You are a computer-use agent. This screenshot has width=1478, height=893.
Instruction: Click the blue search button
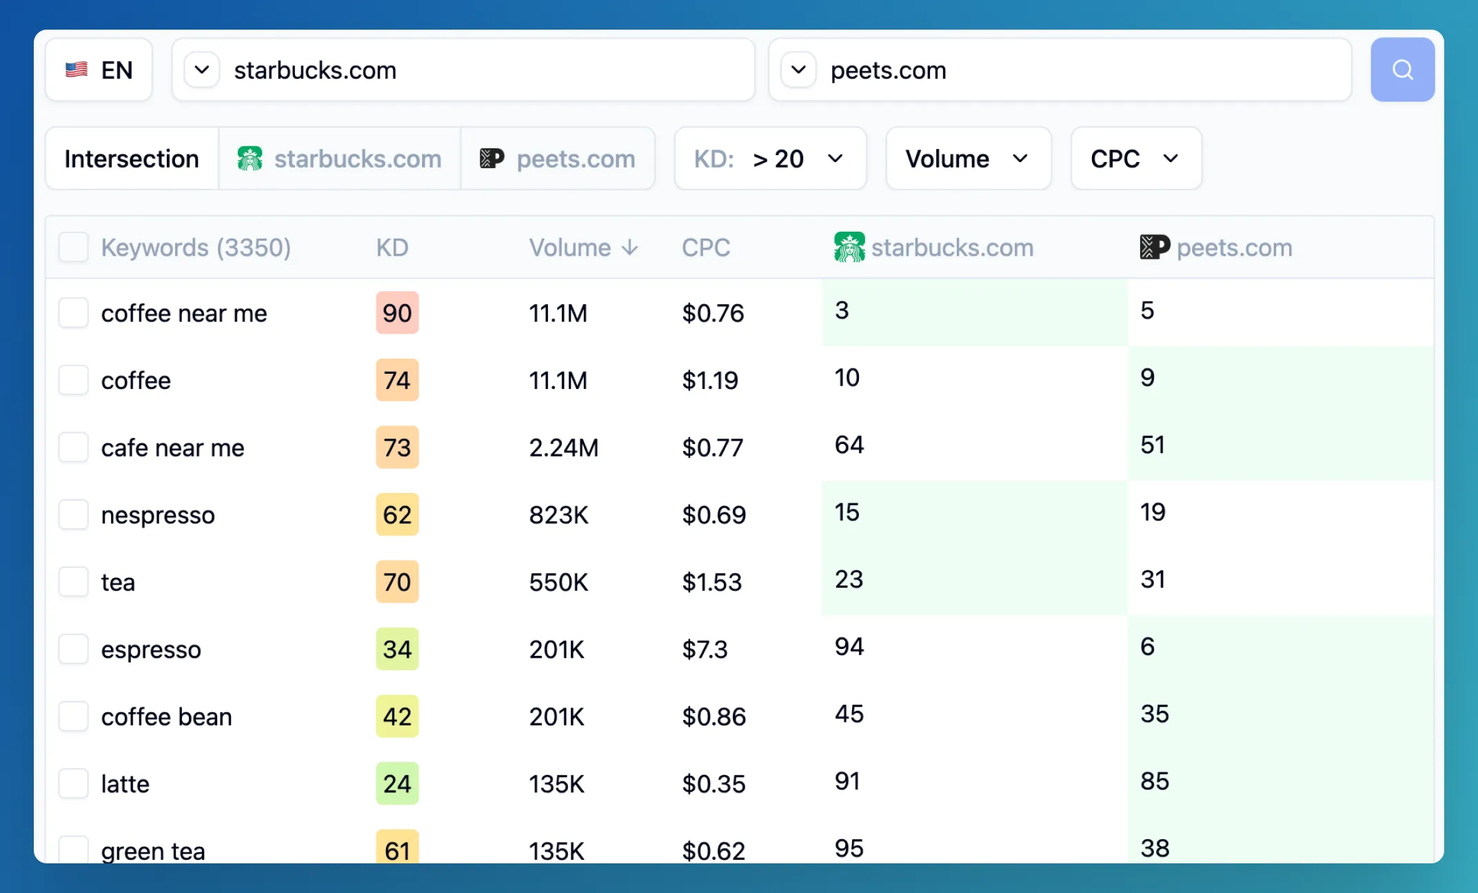pyautogui.click(x=1401, y=70)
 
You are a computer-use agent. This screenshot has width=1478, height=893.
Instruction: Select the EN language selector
pyautogui.click(x=99, y=70)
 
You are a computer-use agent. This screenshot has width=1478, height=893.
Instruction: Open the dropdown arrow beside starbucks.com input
pyautogui.click(x=202, y=70)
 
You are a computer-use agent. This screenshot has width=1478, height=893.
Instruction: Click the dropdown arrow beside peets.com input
pyautogui.click(x=798, y=70)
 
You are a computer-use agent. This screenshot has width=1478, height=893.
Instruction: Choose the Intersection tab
pyautogui.click(x=132, y=159)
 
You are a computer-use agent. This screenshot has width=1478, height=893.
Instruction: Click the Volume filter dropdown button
pyautogui.click(x=968, y=159)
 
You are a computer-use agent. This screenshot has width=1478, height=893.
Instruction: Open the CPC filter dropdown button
pyautogui.click(x=1135, y=159)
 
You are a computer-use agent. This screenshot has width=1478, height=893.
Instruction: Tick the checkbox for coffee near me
pyautogui.click(x=73, y=313)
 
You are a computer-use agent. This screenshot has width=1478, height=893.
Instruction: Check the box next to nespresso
pyautogui.click(x=73, y=514)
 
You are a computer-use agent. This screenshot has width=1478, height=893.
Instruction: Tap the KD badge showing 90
pyautogui.click(x=397, y=313)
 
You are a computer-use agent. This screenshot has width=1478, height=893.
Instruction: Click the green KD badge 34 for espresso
pyautogui.click(x=397, y=649)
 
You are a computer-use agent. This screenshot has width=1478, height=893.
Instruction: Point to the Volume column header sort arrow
pyautogui.click(x=629, y=248)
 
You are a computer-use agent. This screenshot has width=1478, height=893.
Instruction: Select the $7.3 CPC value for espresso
pyautogui.click(x=705, y=649)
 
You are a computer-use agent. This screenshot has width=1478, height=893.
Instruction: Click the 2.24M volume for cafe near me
pyautogui.click(x=563, y=448)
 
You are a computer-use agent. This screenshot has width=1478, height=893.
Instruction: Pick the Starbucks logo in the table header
pyautogui.click(x=849, y=247)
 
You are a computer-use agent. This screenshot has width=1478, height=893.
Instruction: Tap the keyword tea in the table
pyautogui.click(x=118, y=582)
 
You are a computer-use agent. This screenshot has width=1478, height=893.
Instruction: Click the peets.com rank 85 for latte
pyautogui.click(x=1155, y=781)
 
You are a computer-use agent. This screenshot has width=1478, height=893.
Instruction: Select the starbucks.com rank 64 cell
pyautogui.click(x=849, y=445)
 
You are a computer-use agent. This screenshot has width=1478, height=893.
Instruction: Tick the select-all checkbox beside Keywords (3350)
pyautogui.click(x=73, y=248)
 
